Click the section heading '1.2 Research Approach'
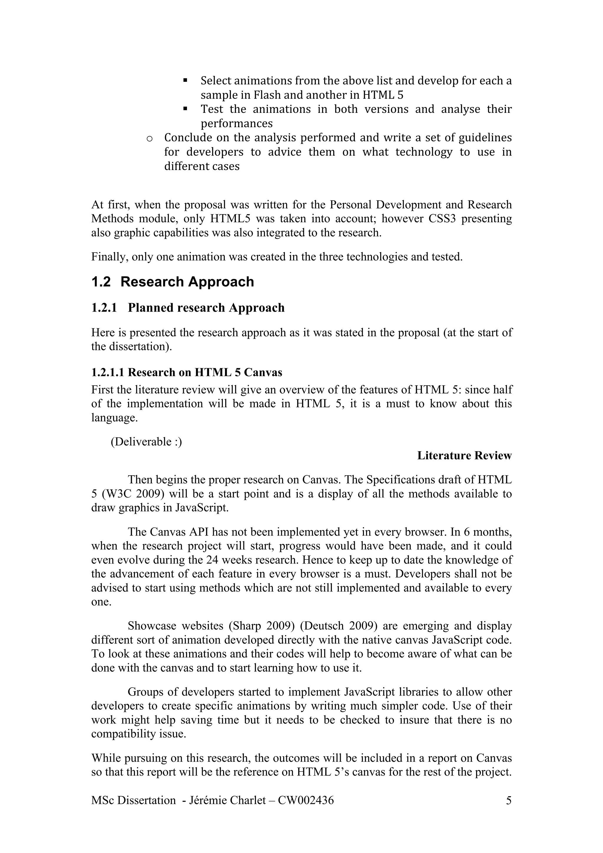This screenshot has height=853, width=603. click(173, 282)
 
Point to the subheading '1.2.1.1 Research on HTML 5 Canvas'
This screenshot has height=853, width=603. click(186, 372)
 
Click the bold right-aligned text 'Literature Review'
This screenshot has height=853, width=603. click(464, 455)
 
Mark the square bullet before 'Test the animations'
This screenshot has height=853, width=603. click(185, 109)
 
